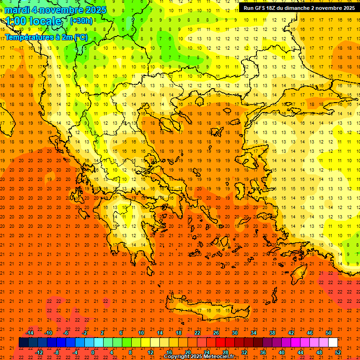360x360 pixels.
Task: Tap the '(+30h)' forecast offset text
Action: click(81, 21)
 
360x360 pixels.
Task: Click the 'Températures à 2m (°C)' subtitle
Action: click(46, 37)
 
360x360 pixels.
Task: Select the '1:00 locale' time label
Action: click(34, 21)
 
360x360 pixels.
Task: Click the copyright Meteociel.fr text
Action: click(199, 357)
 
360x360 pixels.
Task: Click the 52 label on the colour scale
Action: click(338, 352)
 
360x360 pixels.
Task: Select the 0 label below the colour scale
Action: click(93, 352)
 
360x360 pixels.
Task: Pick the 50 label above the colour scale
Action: click(328, 333)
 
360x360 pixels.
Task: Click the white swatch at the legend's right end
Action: click(333, 343)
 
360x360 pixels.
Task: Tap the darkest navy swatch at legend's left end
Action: click(23, 343)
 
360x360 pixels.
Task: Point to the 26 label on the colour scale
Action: click(216, 333)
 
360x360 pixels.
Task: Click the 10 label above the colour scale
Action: click(141, 333)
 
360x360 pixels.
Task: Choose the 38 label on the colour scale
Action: click(272, 333)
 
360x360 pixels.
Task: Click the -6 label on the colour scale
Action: click(66, 333)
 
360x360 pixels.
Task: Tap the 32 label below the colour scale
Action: click(244, 352)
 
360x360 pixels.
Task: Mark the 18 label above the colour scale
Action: click(179, 333)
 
